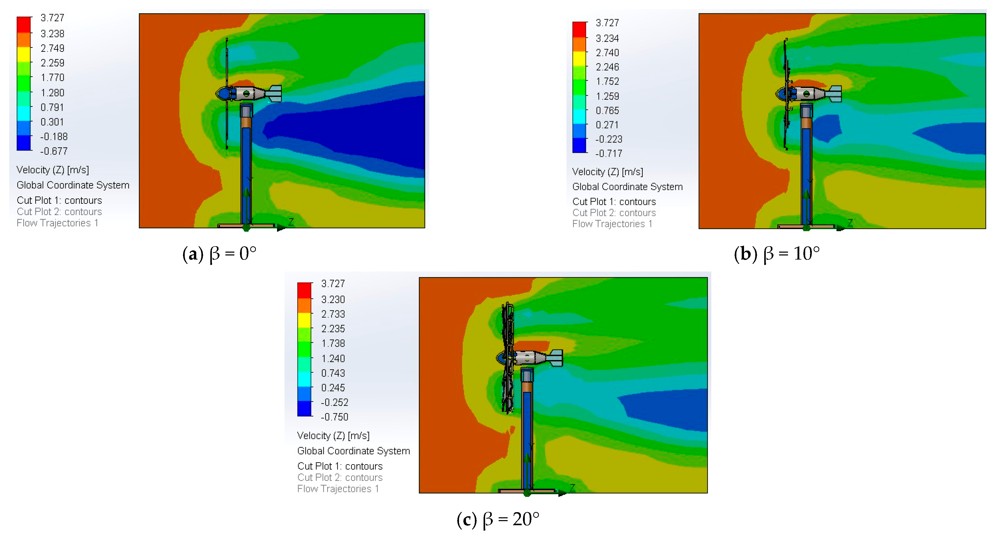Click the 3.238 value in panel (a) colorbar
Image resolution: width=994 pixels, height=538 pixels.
pos(52,33)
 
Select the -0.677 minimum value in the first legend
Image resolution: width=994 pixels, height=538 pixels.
pos(54,151)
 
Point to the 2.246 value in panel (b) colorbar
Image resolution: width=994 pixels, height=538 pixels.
pos(607,67)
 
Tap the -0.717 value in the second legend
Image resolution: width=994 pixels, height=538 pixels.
pos(608,153)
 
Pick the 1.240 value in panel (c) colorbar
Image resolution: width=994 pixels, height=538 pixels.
pos(333,358)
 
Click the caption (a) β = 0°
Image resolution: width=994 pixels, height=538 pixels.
pos(219,254)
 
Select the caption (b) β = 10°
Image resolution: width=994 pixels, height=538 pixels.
pos(777,254)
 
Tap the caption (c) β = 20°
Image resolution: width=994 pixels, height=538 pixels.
pos(498,519)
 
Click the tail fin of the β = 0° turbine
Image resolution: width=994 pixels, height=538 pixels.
pos(274,94)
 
